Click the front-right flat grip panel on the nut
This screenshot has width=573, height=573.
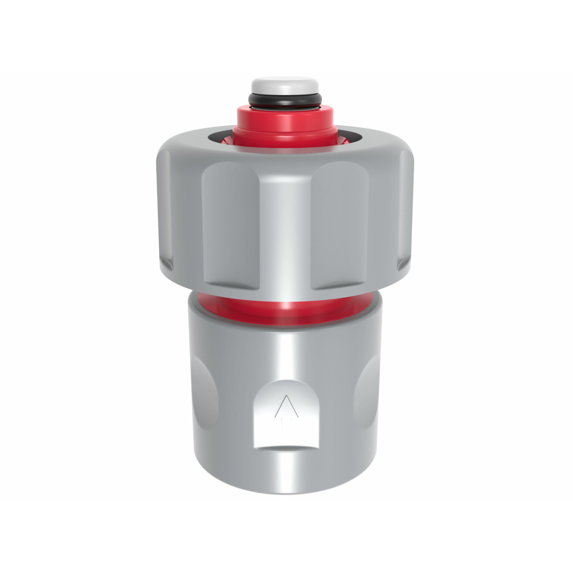tap(340, 225)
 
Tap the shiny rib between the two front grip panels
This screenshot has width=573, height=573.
tap(285, 229)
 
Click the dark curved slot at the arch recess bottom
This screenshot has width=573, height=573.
tap(285, 449)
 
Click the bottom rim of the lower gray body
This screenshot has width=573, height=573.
tap(285, 491)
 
